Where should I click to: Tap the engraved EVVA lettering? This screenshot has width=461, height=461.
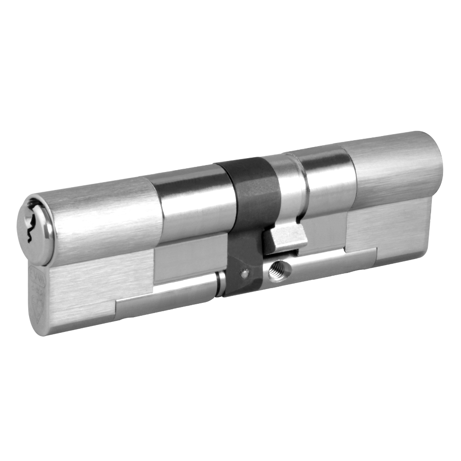(37, 273)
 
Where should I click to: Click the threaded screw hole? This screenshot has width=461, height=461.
(278, 267)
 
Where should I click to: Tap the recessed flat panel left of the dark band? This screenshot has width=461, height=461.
(189, 263)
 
